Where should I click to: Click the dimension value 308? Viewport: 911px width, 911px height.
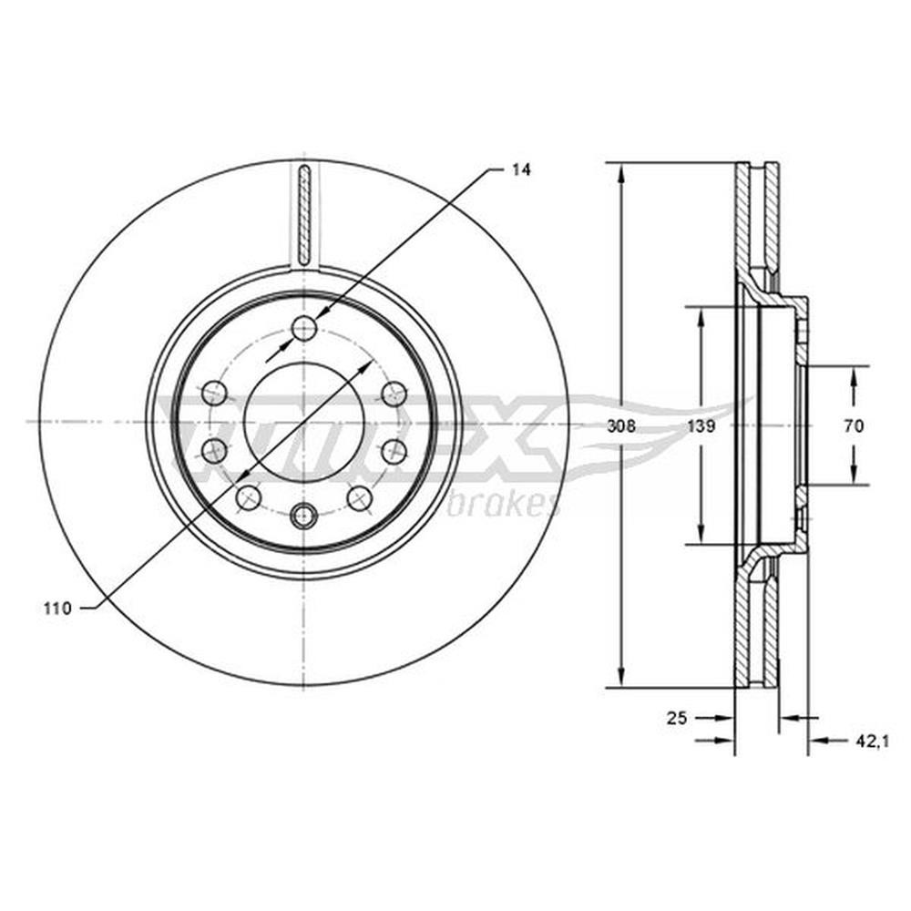[621, 425]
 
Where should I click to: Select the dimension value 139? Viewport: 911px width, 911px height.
[701, 425]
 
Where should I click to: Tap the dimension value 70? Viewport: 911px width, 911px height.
[854, 425]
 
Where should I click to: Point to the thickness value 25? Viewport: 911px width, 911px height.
[677, 718]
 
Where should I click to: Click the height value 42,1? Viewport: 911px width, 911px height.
[873, 741]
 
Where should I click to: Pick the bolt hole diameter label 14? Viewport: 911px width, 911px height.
[521, 169]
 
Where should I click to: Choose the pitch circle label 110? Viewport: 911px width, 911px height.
[56, 609]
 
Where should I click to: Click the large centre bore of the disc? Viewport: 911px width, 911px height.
[304, 422]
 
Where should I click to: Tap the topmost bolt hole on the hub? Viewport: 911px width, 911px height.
[303, 328]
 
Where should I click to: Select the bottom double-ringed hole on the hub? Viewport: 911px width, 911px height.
[303, 516]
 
